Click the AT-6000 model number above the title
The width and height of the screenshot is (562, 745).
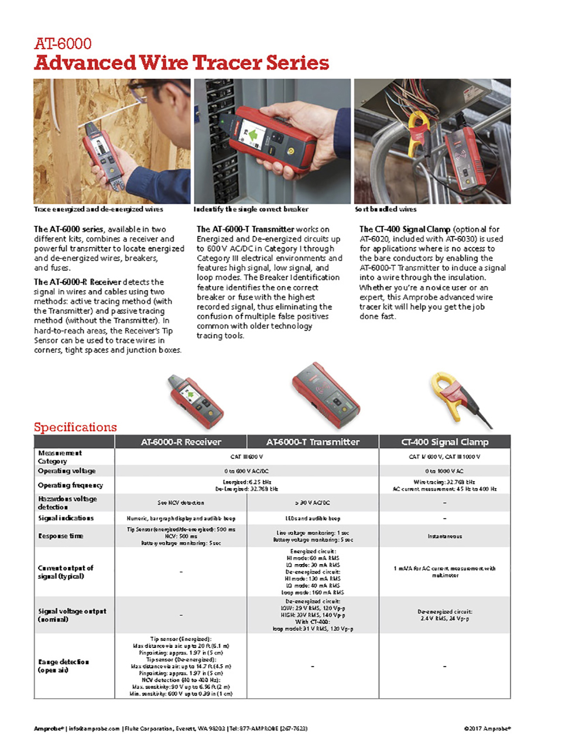coord(63,44)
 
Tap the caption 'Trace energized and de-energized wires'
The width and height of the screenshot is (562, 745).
coord(98,209)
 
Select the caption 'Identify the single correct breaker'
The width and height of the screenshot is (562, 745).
coord(251,209)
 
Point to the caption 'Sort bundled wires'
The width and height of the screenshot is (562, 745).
coord(385,209)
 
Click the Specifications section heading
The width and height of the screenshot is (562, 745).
coord(75,427)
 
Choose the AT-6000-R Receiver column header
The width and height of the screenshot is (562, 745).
coord(181,442)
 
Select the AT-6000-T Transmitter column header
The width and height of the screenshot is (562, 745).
coord(313,442)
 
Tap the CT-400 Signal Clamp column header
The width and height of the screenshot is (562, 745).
coord(444,442)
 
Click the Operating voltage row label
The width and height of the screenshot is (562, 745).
coord(67,471)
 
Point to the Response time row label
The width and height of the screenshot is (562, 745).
coord(61,535)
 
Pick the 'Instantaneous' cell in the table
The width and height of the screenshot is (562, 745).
coord(444,536)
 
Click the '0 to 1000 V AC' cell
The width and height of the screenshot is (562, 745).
coord(444,471)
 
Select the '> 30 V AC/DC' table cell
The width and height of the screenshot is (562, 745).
coord(313,503)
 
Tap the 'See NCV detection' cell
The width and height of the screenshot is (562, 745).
coord(181,503)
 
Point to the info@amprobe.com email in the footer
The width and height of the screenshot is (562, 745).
coord(94,729)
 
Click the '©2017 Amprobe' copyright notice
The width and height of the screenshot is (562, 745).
coord(487,729)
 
